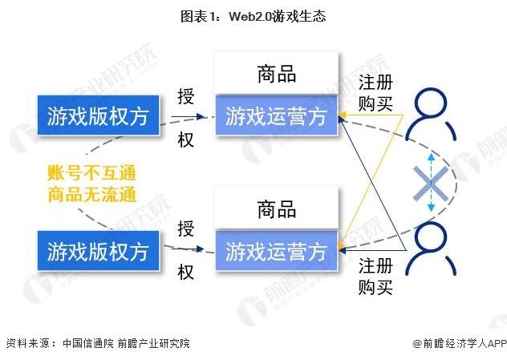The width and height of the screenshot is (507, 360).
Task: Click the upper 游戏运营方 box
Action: pos(276,117)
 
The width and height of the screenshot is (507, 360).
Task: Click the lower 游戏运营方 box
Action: pos(276,250)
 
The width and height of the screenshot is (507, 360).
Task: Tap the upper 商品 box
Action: pos(276,75)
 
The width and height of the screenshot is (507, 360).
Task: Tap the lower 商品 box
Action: pos(276,210)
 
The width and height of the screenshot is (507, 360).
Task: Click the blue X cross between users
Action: pos(431,184)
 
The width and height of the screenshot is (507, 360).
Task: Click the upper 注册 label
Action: pos(376,82)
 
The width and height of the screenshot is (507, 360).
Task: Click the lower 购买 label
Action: pos(376,287)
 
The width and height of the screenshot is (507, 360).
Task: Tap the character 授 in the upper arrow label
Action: pos(185,97)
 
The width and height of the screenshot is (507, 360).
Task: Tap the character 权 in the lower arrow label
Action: pos(185,273)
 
